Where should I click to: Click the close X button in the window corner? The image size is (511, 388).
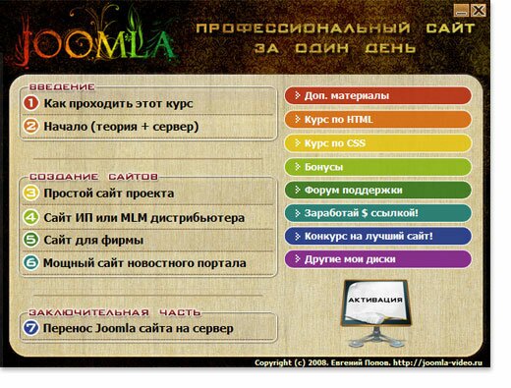(479, 11)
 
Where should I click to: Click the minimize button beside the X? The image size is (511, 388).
(462, 11)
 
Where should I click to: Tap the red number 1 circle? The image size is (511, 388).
(30, 103)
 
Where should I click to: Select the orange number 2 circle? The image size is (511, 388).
(30, 126)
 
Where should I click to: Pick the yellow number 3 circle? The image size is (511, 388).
(30, 193)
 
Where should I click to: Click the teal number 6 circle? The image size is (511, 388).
(30, 262)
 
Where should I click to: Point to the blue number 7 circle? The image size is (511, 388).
(30, 328)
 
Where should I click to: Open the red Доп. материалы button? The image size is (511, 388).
(377, 96)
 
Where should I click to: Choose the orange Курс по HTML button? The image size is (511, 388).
(377, 120)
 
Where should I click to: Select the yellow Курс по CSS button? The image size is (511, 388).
(377, 143)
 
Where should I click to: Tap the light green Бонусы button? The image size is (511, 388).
(377, 167)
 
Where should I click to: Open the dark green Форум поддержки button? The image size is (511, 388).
(377, 191)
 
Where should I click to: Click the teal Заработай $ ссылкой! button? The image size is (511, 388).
(377, 213)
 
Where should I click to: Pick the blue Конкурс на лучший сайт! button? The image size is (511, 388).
(377, 236)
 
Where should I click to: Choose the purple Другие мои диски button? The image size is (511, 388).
(377, 259)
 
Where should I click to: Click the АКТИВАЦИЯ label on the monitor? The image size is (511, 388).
(375, 300)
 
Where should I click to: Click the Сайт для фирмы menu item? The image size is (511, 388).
(93, 241)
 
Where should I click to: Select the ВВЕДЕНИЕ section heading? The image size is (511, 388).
(62, 87)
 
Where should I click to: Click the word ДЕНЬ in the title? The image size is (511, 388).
(390, 48)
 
